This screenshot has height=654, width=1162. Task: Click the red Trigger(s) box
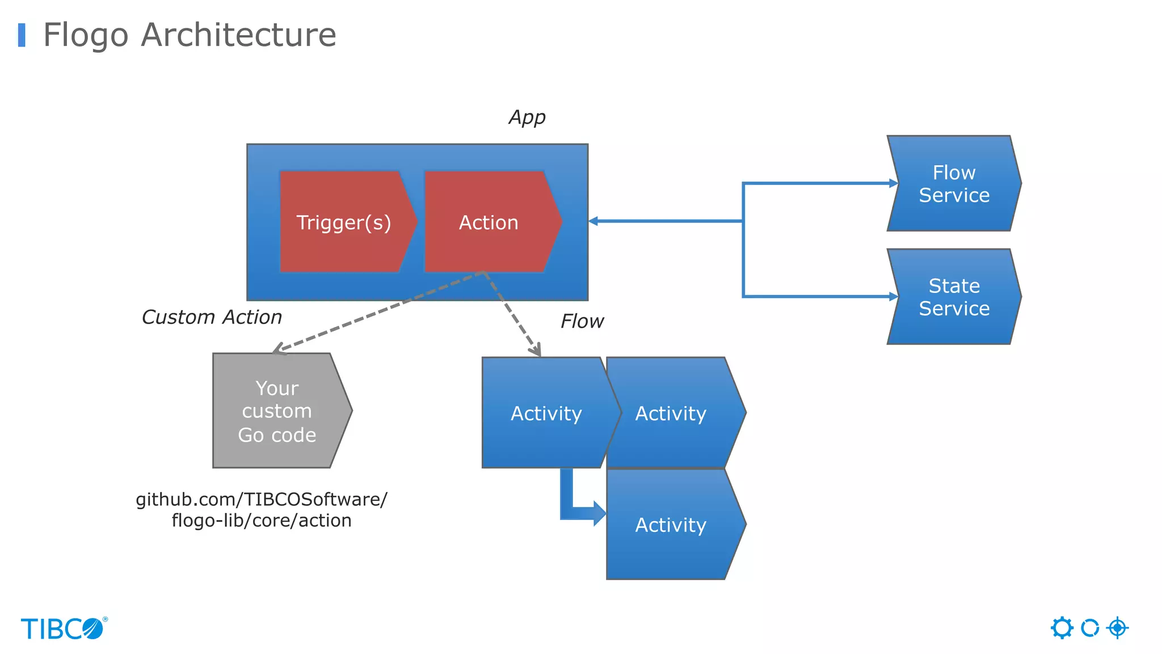coord(344,222)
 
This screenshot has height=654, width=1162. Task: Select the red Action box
coord(489,222)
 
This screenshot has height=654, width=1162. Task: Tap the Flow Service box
coord(954,183)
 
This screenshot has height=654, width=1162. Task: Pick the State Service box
coord(954,296)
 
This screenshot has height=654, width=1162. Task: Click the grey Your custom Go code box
coord(277,411)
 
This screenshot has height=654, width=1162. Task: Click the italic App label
coord(527,117)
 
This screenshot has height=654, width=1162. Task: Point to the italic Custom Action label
coord(212,317)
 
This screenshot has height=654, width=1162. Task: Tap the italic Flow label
coord(582,321)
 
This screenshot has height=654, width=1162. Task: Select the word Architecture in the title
coord(238,35)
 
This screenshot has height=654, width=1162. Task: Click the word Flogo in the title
coord(86,35)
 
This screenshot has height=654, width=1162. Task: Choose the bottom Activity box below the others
coord(671,525)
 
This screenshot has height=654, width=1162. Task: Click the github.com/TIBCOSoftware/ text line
coord(262,499)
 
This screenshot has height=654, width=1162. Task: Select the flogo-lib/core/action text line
coord(262,520)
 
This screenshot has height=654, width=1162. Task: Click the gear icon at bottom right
coord(1062,628)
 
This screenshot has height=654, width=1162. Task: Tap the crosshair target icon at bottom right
coord(1117,628)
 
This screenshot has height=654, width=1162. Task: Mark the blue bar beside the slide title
coord(22,35)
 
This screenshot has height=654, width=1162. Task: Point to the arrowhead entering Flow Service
coord(893,183)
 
